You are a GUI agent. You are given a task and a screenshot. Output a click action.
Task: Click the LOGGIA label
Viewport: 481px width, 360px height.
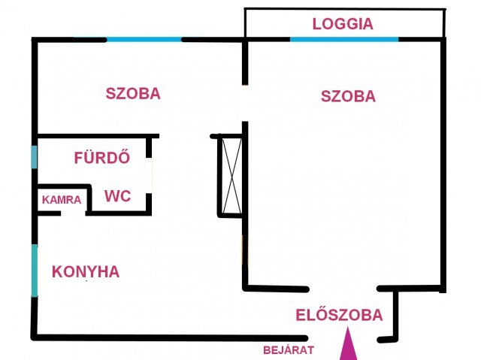click(343, 24)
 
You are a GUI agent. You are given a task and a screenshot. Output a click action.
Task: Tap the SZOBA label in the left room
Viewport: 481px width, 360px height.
click(133, 93)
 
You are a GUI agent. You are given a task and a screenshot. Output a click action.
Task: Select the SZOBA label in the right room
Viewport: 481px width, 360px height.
click(348, 96)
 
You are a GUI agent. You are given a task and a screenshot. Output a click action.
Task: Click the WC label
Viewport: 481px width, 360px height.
click(118, 196)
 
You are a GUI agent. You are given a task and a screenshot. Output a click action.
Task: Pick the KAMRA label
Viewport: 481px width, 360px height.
click(62, 200)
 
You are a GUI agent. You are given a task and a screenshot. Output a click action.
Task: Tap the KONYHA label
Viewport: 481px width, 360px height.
click(86, 271)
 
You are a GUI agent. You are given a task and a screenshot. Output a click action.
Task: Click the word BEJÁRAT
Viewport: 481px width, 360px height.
click(289, 349)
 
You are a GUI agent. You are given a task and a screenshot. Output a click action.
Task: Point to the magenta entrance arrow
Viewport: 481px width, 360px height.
click(348, 343)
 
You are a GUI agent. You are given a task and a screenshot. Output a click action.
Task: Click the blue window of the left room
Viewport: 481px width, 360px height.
click(144, 40)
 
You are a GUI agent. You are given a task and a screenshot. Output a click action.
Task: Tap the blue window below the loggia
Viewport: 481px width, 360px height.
click(344, 40)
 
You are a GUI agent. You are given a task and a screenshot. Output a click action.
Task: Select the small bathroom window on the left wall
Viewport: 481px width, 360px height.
click(35, 156)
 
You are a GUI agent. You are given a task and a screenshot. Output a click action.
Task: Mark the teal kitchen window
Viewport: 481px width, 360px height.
click(35, 271)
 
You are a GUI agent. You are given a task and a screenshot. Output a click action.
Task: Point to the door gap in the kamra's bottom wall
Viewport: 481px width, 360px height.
click(73, 213)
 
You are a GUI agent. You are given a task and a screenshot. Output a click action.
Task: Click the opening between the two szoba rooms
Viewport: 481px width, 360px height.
click(245, 103)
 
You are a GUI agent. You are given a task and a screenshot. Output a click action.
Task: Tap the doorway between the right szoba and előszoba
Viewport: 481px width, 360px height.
click(343, 289)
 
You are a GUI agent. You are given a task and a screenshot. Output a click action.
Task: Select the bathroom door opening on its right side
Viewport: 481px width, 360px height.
click(149, 176)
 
